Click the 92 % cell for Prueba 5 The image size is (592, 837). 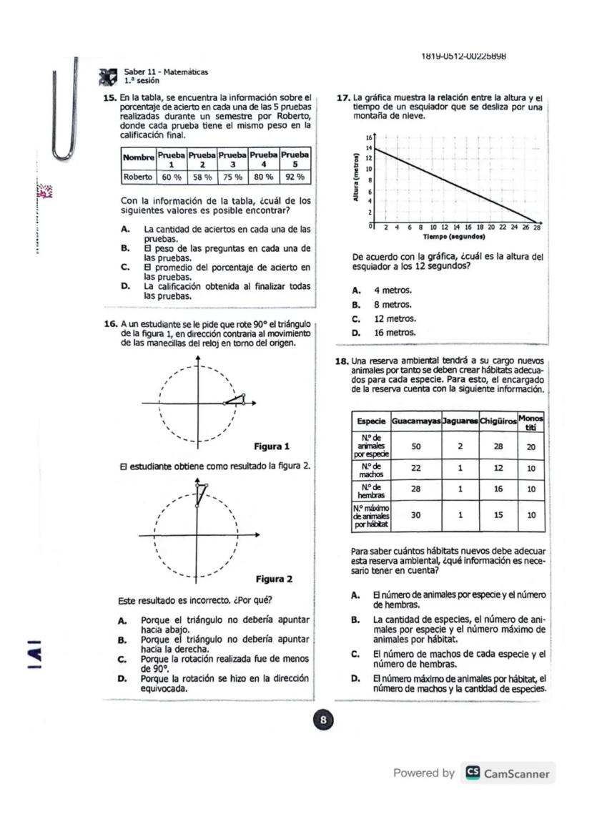point(295,176)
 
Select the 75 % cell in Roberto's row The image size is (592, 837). point(232,176)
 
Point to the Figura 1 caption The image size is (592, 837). point(272,446)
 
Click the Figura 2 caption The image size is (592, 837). point(274,579)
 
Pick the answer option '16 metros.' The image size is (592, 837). point(394,333)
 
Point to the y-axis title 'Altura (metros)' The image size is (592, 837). point(355,177)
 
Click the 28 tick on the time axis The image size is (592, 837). point(536,228)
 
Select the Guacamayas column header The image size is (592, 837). point(416,421)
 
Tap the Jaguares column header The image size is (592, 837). point(460,421)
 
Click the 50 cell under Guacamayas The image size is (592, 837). point(416,446)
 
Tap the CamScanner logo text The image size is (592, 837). point(516,773)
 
